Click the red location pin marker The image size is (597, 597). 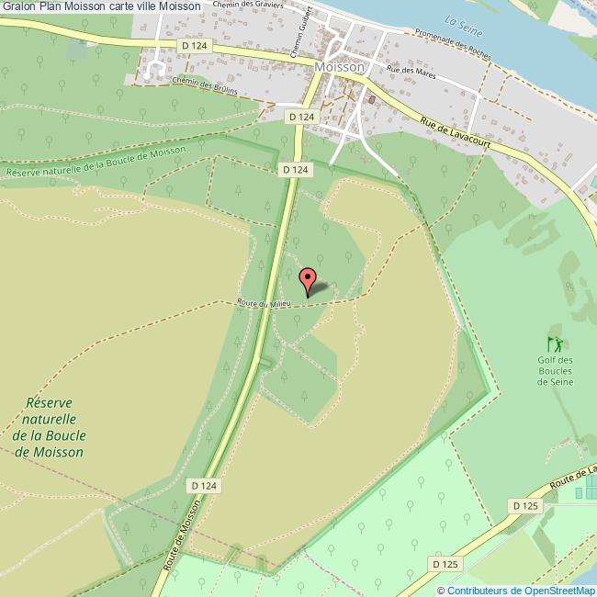[x=309, y=279]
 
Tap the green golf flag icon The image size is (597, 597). [x=554, y=344]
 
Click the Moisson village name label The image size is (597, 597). [x=339, y=67]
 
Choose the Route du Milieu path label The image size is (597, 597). [x=264, y=303]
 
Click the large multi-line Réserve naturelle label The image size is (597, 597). [x=56, y=427]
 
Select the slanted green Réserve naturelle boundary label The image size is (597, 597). [x=96, y=163]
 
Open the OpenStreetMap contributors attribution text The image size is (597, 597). [x=516, y=590]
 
